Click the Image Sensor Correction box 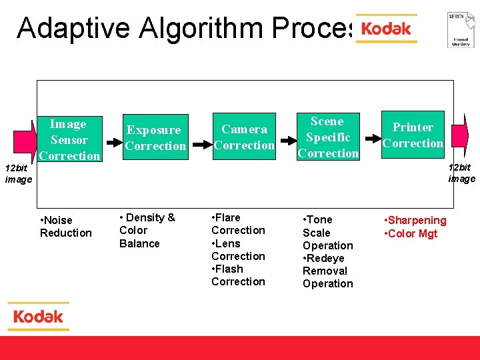tap(69, 140)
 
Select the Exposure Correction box tap(155, 138)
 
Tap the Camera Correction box tap(244, 137)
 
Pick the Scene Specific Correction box tap(328, 137)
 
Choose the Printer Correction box tap(413, 135)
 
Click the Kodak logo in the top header tap(386, 29)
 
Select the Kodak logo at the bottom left tap(39, 316)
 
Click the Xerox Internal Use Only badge tap(460, 29)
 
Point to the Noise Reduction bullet tap(65, 227)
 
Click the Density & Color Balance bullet tap(147, 230)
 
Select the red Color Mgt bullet tap(411, 233)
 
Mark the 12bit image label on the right tap(461, 173)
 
